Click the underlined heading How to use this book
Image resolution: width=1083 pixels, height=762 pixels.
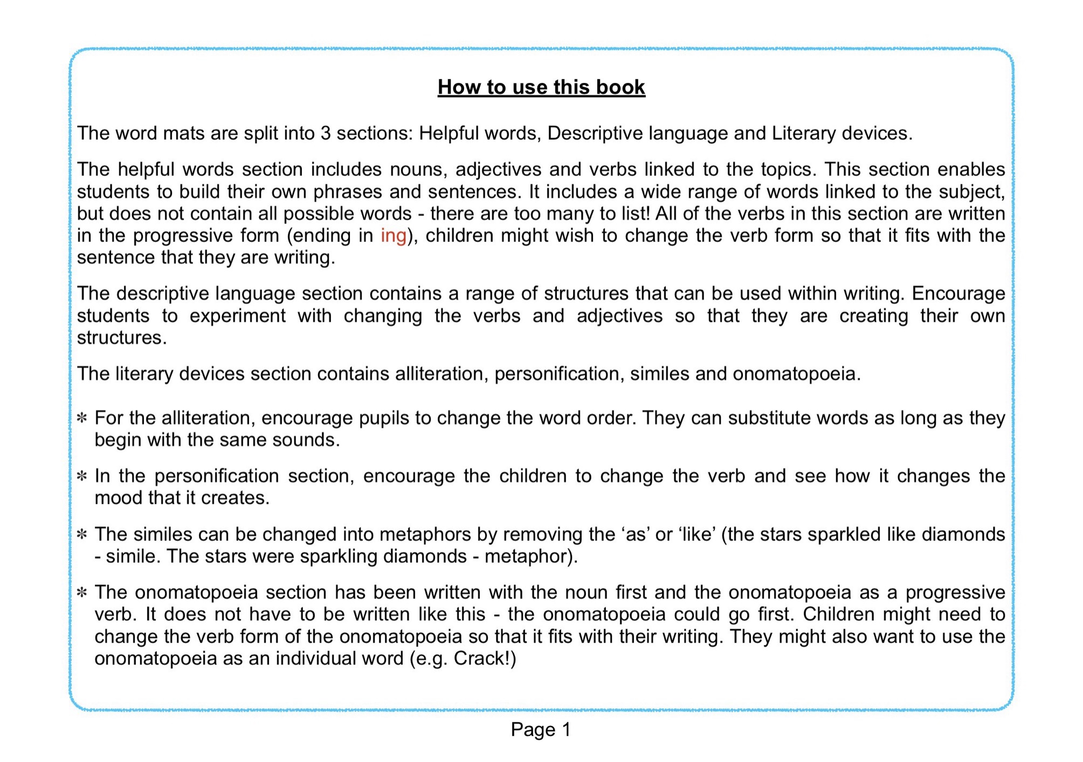coord(541,87)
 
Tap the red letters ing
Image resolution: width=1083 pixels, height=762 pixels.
coord(393,236)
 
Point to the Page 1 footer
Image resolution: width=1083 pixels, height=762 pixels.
coord(541,730)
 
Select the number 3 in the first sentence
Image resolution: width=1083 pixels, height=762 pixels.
coord(325,133)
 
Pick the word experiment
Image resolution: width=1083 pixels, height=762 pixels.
coord(238,316)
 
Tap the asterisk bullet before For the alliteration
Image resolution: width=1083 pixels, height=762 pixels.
coord(82,418)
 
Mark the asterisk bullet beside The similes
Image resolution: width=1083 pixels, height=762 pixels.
coord(82,535)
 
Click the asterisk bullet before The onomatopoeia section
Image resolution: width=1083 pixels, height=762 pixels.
coord(82,593)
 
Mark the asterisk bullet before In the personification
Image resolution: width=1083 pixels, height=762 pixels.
coord(82,476)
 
